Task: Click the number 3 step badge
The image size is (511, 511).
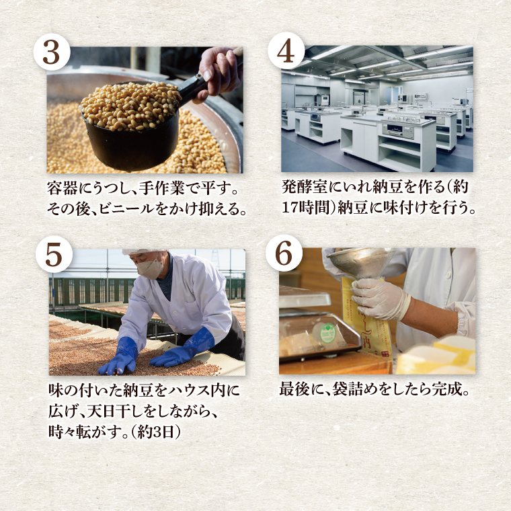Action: point(52,52)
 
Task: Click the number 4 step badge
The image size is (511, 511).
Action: point(286,50)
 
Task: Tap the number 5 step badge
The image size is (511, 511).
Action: point(54,255)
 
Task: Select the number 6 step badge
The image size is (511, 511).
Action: point(284,253)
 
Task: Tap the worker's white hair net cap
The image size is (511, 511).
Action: point(143,251)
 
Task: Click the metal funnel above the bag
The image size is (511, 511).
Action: point(361,263)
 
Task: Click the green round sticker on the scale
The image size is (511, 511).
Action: point(328,333)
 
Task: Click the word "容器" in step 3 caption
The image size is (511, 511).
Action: point(63,188)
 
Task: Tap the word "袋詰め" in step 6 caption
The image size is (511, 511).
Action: point(356,389)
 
